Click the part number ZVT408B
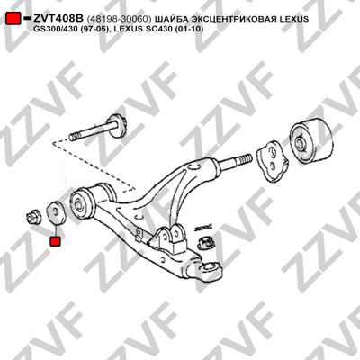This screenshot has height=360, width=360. tap(58, 19)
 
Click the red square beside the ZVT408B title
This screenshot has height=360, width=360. tap(13, 19)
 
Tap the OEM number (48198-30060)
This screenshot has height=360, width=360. tap(119, 19)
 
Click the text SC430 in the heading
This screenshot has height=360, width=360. tap(163, 30)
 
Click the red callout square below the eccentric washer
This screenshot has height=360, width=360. tap(56, 241)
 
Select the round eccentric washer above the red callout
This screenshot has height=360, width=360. tap(55, 212)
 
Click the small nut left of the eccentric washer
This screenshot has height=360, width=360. tap(33, 217)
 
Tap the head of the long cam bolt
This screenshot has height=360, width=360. tap(118, 126)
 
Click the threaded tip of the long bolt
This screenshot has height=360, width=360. tap(74, 138)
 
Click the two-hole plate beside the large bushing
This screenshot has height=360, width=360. tap(272, 161)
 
